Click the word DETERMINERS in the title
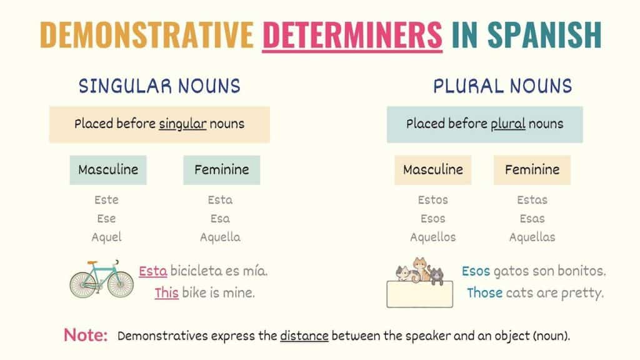click(x=352, y=34)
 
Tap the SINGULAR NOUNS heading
click(x=159, y=86)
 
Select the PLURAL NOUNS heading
click(x=502, y=86)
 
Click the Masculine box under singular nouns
click(x=108, y=169)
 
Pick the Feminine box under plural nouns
click(x=532, y=169)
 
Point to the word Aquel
click(x=106, y=237)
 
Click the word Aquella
click(x=220, y=237)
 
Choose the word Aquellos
click(x=432, y=237)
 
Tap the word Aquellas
click(x=532, y=237)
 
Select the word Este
click(x=106, y=200)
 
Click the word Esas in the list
click(x=532, y=219)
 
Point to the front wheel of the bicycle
click(x=120, y=284)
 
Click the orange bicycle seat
click(x=92, y=263)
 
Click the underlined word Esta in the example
click(x=153, y=272)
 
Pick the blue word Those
click(x=484, y=292)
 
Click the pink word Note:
click(x=86, y=335)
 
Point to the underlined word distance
click(x=304, y=336)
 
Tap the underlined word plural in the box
click(x=508, y=124)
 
